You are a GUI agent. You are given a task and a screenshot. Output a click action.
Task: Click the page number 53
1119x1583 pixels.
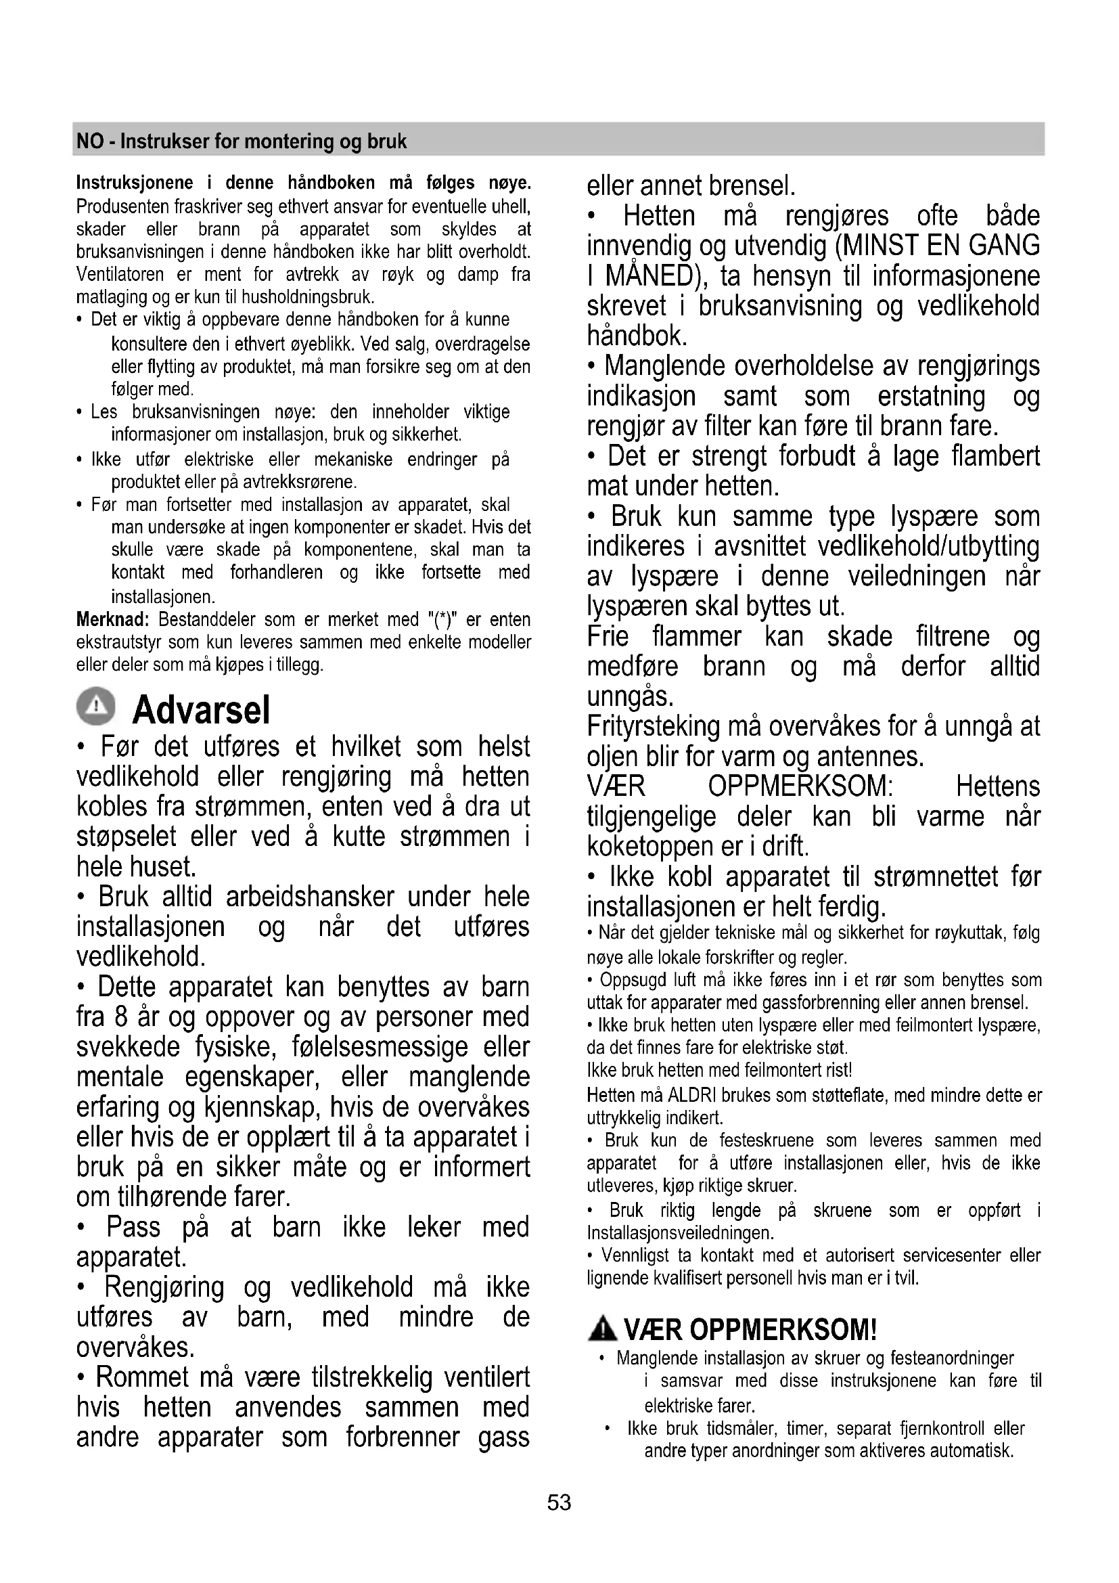click(559, 1502)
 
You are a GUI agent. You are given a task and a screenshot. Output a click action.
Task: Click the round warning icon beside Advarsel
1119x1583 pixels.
click(97, 707)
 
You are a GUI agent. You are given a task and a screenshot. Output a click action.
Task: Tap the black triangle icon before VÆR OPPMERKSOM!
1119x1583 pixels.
click(603, 1329)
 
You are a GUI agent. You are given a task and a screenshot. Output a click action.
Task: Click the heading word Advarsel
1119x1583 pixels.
click(200, 709)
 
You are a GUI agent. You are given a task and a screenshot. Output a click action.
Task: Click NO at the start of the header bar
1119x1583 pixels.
click(88, 141)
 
